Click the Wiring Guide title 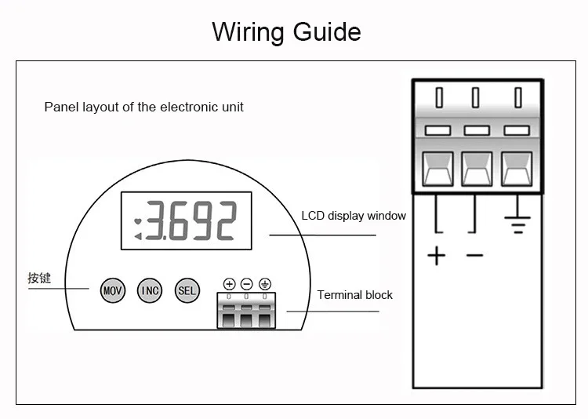coord(286,31)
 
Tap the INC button coord(150,290)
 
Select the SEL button coord(187,290)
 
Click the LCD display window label coord(354,216)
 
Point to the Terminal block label coord(354,295)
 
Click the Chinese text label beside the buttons coord(39,279)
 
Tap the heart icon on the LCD coord(138,221)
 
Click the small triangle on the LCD coord(138,236)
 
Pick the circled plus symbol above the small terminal coord(229,284)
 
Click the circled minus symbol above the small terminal coord(246,284)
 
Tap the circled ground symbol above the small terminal coord(265,284)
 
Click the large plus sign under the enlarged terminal coord(437,256)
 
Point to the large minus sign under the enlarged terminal coord(475,256)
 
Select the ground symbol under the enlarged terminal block coord(517,224)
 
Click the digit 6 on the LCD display coord(179,220)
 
